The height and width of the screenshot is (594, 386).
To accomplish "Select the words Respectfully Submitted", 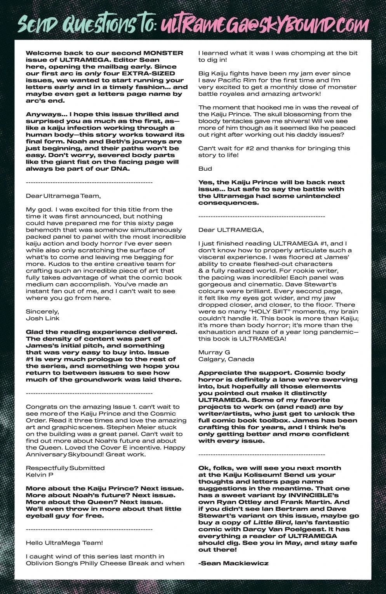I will tap(65, 468).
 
